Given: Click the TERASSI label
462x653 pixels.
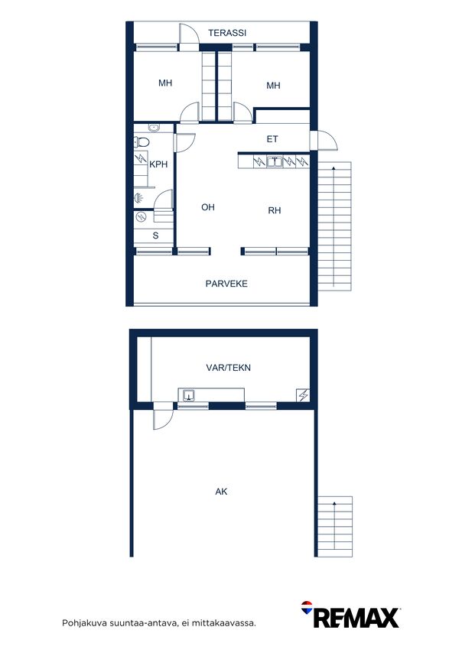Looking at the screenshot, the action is (227, 32).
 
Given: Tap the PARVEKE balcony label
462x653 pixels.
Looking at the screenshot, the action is (226, 284).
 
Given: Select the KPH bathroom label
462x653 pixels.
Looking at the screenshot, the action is (158, 164).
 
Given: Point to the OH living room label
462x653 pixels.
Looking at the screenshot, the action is (208, 207).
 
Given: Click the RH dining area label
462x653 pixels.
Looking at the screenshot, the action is (274, 210).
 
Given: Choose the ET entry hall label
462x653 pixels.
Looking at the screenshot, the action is (272, 139).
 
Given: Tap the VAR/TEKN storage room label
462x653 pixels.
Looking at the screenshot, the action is (228, 368).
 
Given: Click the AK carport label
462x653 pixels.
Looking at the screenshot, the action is (221, 492).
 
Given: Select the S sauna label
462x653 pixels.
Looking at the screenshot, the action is (155, 236).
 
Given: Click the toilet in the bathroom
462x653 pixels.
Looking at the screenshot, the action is (142, 142).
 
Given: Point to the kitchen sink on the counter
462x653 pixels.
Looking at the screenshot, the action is (275, 161).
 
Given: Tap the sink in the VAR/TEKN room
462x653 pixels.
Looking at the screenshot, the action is (189, 395).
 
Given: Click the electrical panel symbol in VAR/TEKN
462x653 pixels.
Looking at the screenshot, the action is (303, 395).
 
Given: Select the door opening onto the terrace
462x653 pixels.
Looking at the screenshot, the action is (189, 37).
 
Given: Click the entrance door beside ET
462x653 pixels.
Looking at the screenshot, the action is (324, 141).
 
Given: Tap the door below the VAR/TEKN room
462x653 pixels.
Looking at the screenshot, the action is (163, 416).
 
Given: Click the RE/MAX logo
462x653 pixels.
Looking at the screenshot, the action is (350, 615).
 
